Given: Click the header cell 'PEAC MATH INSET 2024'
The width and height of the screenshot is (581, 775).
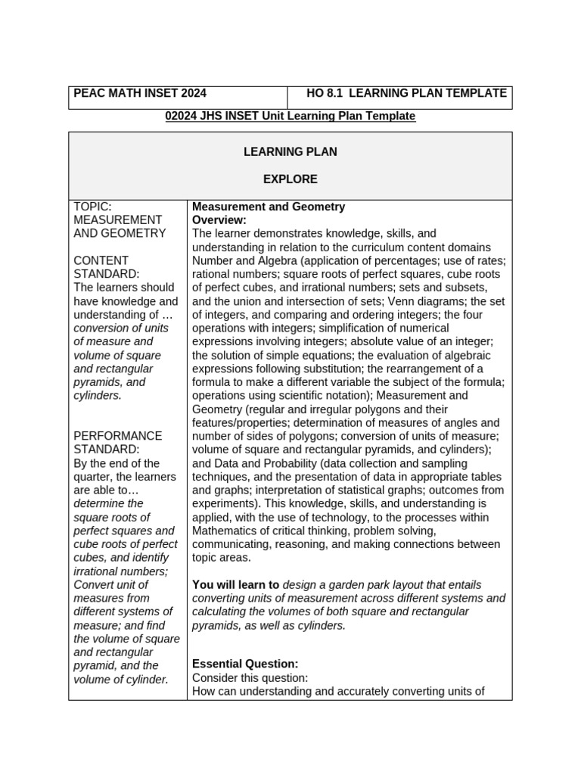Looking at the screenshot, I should coord(140,93).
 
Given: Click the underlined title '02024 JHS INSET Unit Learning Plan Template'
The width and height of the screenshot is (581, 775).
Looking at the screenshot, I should coord(290,116).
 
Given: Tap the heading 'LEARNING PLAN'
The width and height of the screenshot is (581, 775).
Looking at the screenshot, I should coord(290,152).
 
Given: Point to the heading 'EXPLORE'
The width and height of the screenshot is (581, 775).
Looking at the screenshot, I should coord(290,179).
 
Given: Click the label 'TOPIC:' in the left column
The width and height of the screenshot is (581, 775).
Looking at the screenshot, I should coord(93,207).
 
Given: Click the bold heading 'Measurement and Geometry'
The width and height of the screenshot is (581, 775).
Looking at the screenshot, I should coord(269,207).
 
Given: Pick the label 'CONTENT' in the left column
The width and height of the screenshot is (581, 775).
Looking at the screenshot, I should coord(101,260).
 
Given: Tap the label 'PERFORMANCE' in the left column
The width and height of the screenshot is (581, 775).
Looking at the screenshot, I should coord(118,436).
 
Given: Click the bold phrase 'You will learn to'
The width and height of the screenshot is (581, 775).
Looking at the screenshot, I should coord(236,585).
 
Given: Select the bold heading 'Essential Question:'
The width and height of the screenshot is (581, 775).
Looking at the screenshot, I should coord(245,664).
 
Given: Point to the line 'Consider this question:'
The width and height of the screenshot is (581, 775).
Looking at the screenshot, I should coord(250,677).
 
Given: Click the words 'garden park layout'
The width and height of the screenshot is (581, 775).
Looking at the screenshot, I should coord(378,585).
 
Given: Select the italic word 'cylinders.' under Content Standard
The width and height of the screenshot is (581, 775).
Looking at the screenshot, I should coord(98,396).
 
